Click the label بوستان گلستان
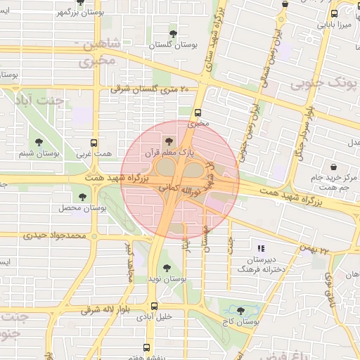pos(173,44)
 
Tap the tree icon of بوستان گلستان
pos(174,33)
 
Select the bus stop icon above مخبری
pos(198,112)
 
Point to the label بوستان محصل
pos(82,208)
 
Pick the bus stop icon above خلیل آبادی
pos(154,305)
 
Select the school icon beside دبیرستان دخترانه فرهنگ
pos(261,248)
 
